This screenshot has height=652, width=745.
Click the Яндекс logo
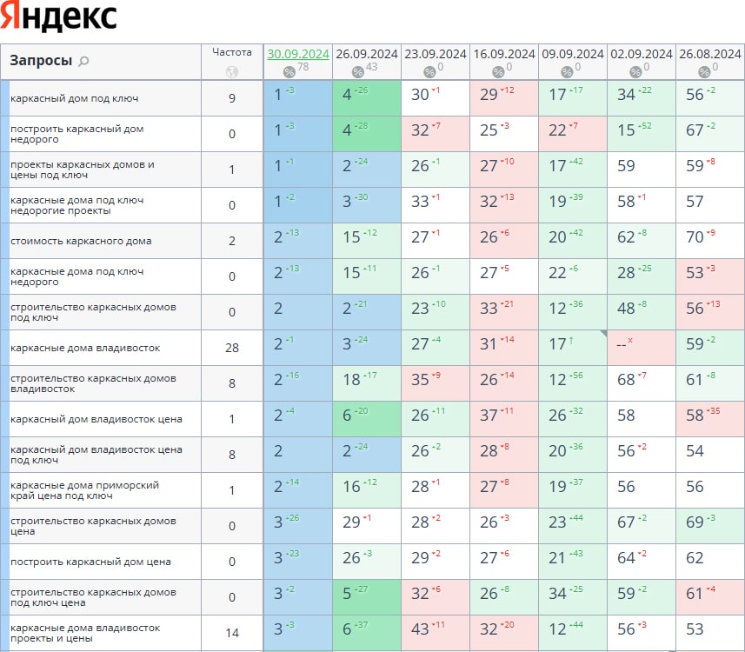[59, 17]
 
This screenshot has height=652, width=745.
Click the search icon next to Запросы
[83, 62]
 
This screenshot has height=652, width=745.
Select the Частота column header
[232, 52]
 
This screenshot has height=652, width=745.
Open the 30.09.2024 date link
[298, 54]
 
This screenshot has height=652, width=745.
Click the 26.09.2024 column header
[367, 54]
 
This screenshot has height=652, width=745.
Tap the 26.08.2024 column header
[709, 54]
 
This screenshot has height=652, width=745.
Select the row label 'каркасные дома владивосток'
[73, 348]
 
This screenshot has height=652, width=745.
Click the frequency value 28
[232, 348]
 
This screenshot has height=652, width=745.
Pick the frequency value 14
[232, 633]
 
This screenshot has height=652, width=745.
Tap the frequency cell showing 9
[232, 98]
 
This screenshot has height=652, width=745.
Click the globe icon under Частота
[231, 72]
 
